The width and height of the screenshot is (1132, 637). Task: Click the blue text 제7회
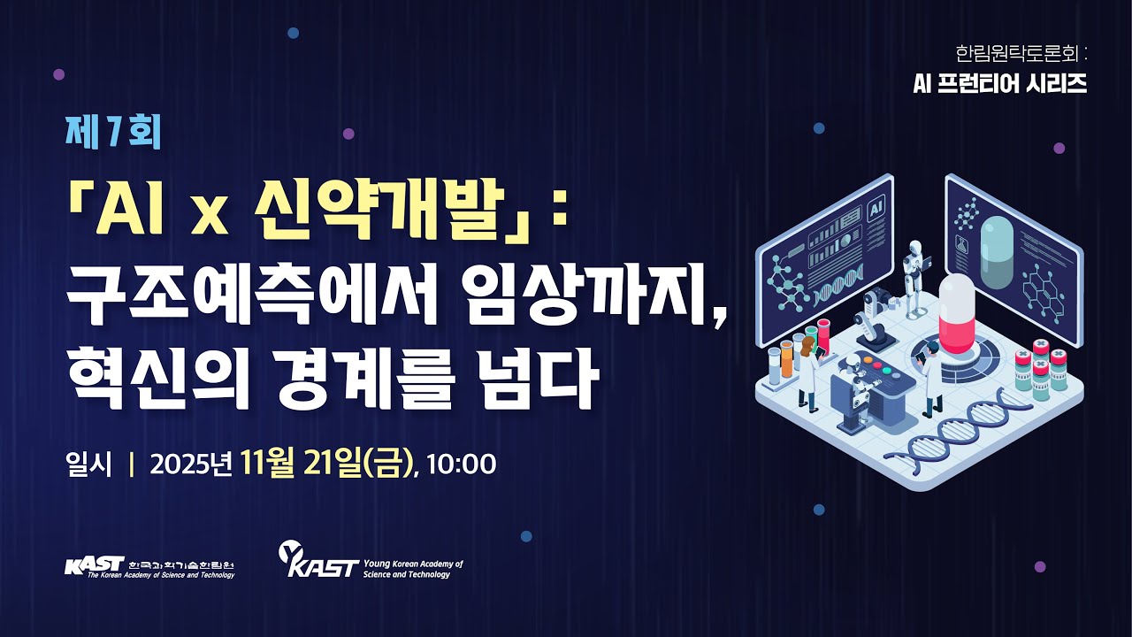(113, 133)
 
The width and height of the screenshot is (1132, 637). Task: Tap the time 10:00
(461, 464)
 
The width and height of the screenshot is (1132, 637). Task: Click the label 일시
(88, 464)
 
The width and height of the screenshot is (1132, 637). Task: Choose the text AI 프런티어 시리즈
(1000, 83)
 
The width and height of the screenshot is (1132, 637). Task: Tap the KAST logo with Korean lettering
(149, 566)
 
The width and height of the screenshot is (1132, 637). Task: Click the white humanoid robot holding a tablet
(913, 266)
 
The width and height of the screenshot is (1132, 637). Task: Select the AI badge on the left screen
(876, 209)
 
